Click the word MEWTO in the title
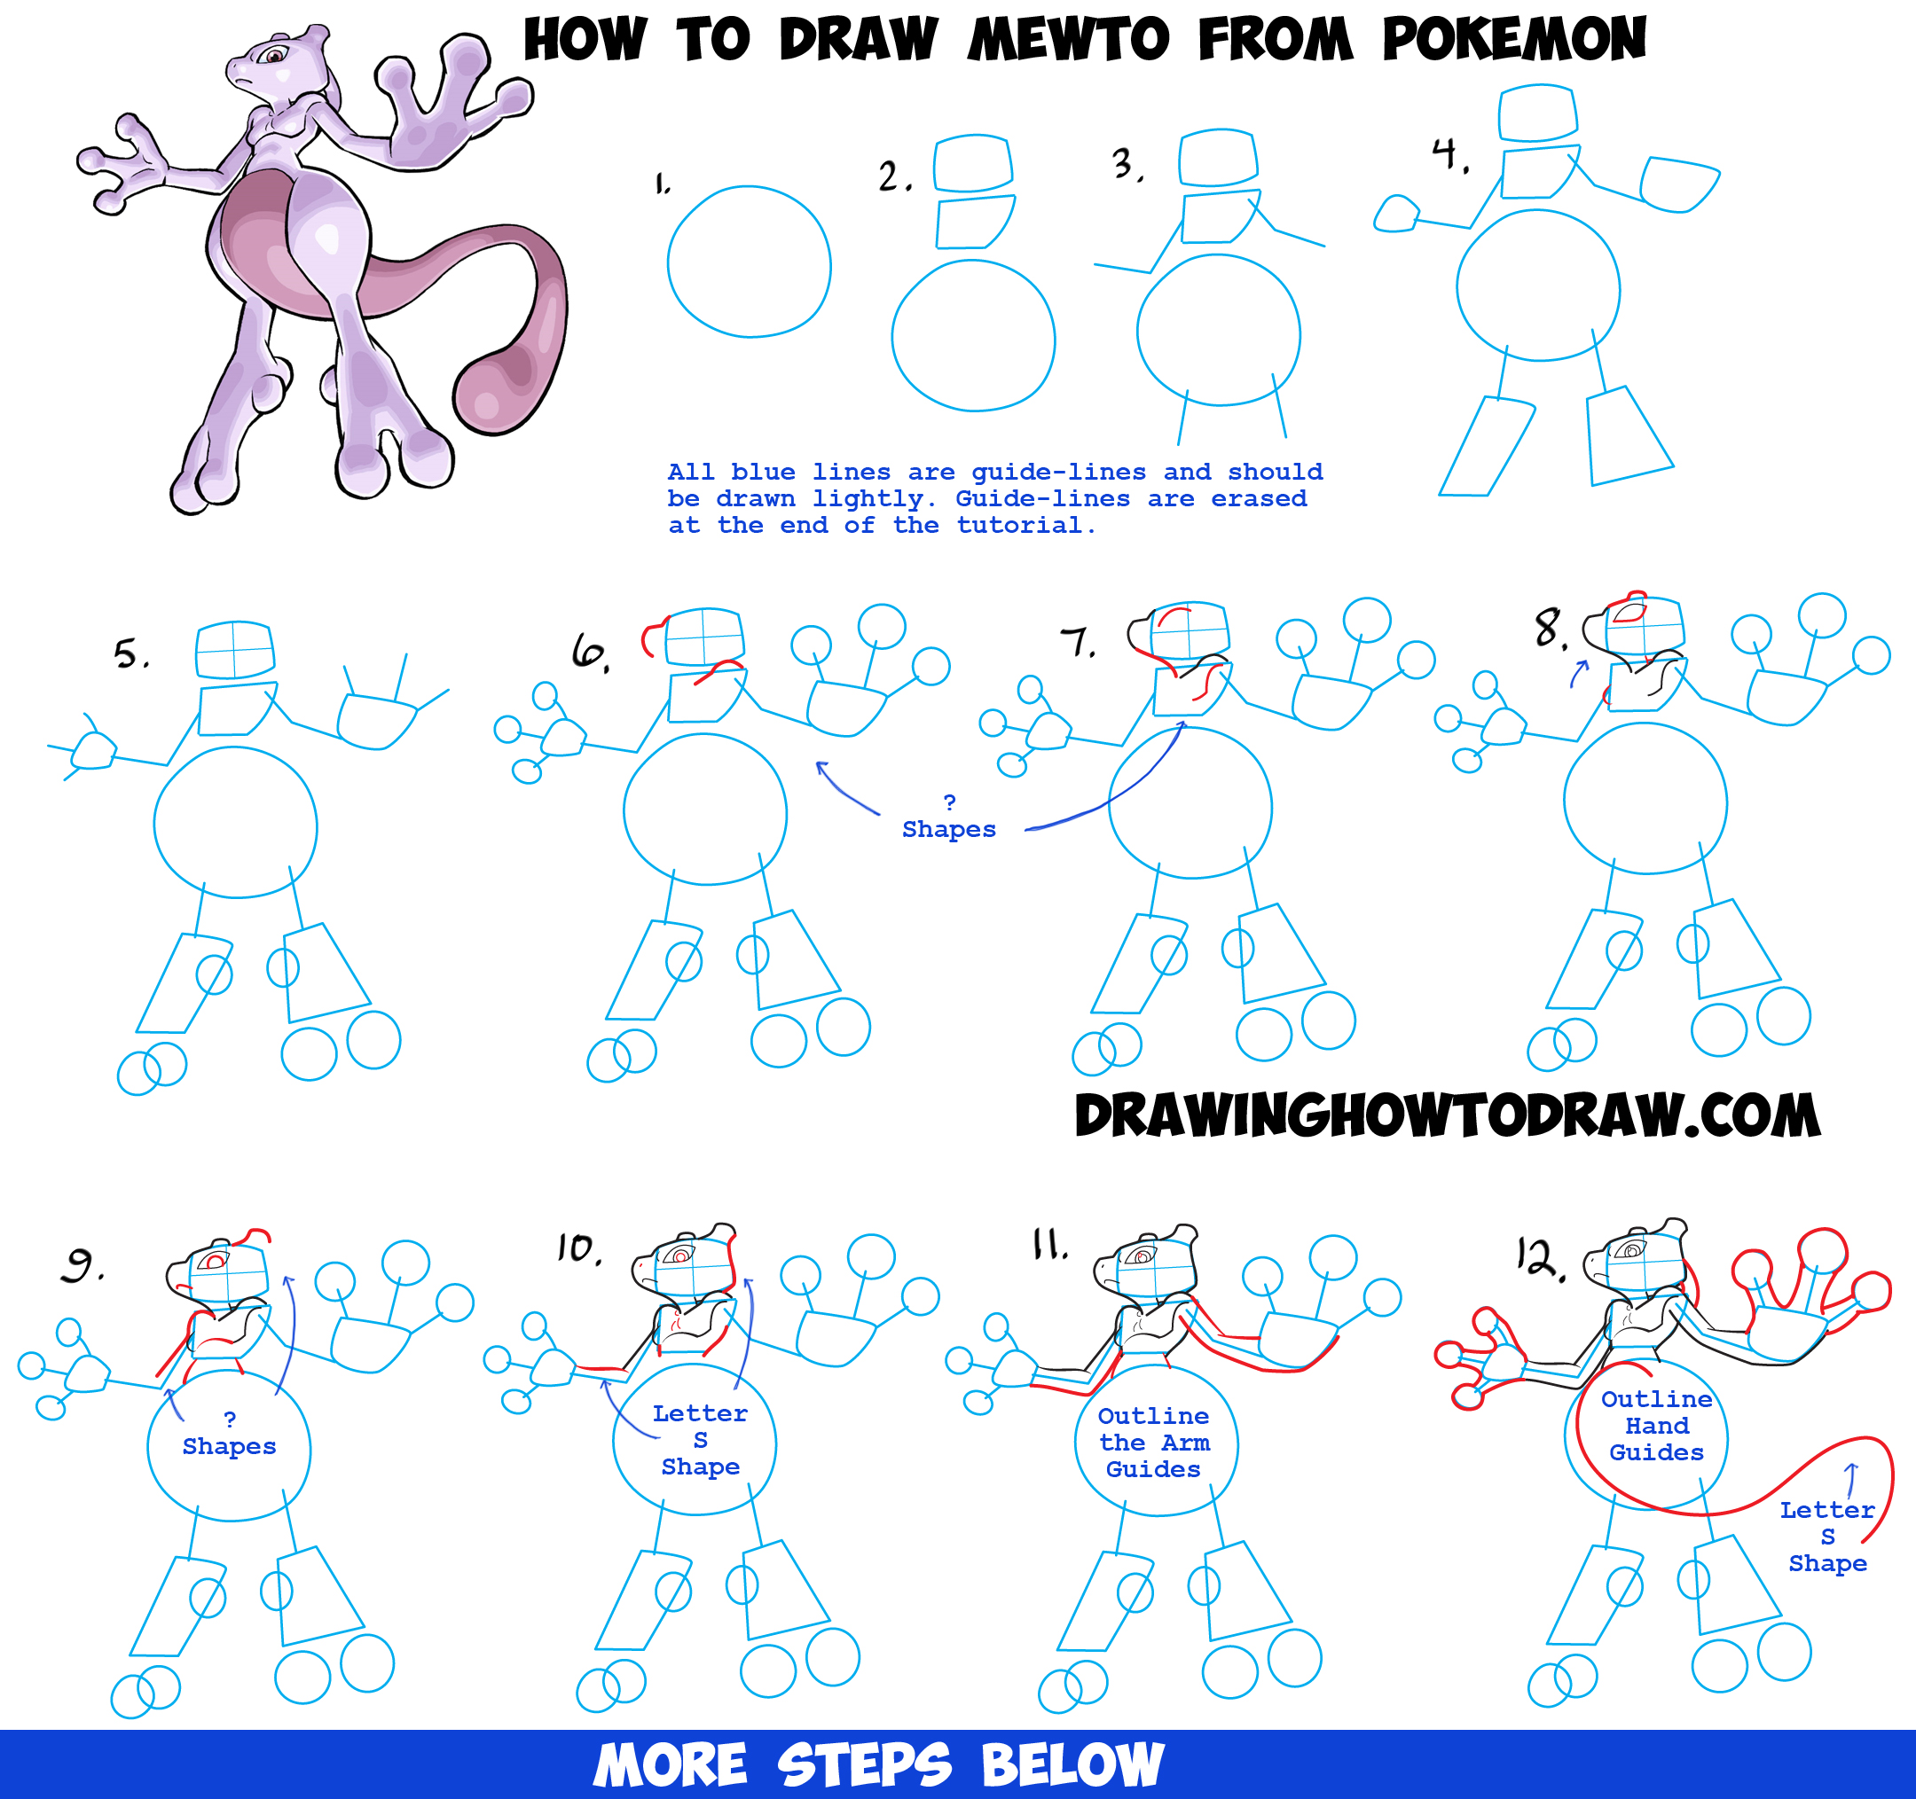click(x=1069, y=40)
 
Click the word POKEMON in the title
click(x=1514, y=40)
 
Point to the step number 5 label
click(x=131, y=654)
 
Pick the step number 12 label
click(x=1540, y=1257)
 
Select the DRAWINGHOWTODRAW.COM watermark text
click(x=1448, y=1115)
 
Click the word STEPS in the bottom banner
click(x=864, y=1765)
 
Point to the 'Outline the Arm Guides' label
click(x=1154, y=1443)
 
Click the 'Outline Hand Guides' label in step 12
click(x=1657, y=1425)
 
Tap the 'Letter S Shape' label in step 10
click(x=700, y=1440)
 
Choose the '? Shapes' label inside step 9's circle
click(x=230, y=1433)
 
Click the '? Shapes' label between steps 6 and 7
click(x=948, y=816)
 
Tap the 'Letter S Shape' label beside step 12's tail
click(x=1827, y=1536)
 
